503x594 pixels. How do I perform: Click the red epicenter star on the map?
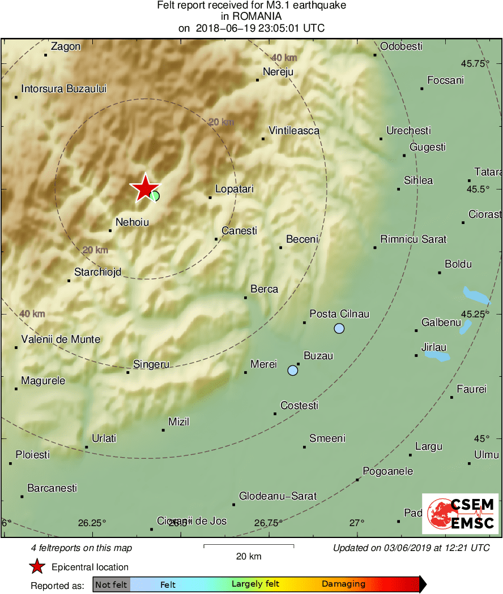point(145,188)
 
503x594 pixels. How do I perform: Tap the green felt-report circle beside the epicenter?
point(155,196)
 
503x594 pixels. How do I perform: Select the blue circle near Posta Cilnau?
point(339,328)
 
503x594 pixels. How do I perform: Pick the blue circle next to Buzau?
point(292,371)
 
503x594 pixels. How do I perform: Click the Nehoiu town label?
point(132,222)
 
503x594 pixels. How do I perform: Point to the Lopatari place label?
point(235,190)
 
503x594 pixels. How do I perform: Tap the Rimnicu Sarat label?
point(414,239)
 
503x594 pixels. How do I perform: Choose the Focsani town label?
point(445,80)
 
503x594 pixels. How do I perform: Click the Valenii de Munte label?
point(61,339)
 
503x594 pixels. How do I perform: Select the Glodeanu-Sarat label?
point(278,496)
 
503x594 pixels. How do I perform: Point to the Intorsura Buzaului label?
point(63,89)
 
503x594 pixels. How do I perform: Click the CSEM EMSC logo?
point(460,514)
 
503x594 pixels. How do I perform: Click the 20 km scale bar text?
point(249,556)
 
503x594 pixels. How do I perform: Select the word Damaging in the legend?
point(343,584)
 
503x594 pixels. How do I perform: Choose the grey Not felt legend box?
point(111,584)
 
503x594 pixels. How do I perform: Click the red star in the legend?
point(37,566)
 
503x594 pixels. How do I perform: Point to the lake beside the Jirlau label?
point(437,356)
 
